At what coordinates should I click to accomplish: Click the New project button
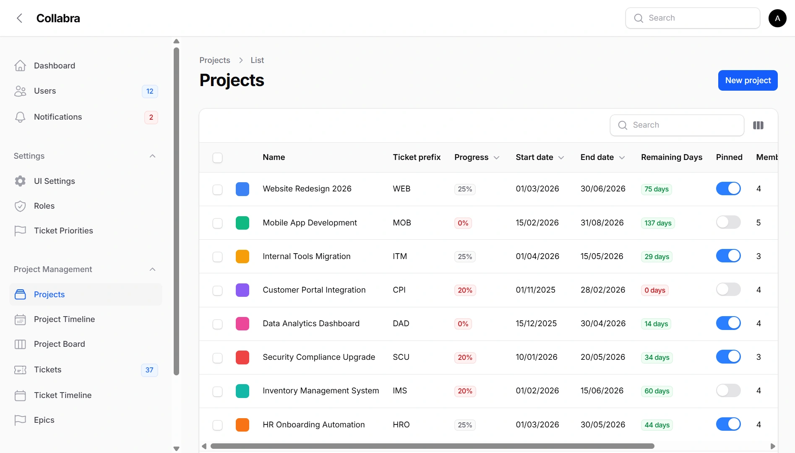748,80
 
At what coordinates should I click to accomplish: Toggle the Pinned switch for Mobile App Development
728,222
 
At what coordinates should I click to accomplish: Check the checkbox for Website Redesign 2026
217,189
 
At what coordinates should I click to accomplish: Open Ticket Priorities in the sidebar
63,230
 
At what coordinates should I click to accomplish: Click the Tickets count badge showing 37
149,370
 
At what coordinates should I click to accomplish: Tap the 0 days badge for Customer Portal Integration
654,290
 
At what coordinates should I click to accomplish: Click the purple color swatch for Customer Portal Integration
242,290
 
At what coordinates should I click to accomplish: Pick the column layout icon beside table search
758,125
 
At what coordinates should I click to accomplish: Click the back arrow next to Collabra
19,18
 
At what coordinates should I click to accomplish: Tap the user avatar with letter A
777,18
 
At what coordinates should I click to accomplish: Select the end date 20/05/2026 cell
603,357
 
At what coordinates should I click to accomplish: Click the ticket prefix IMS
400,390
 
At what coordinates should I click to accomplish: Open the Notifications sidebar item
58,117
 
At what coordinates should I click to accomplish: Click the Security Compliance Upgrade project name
319,357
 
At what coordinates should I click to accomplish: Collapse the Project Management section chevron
153,269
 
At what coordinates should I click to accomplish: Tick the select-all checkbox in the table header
217,158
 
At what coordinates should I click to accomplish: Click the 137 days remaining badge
658,223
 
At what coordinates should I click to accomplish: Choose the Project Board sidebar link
59,344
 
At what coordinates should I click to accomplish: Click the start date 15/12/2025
536,323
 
